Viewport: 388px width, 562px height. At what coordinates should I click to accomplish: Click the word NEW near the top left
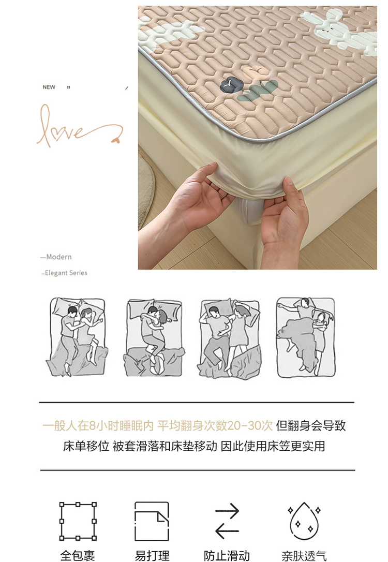pos(49,87)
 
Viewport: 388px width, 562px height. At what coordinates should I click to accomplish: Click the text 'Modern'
pos(59,257)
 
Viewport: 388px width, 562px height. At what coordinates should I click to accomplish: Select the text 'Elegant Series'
pos(66,273)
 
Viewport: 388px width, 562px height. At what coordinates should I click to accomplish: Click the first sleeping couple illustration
pos(77,337)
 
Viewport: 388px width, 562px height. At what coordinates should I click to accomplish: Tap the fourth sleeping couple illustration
pos(306,337)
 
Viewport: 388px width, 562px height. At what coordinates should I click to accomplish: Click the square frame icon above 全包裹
pos(78,521)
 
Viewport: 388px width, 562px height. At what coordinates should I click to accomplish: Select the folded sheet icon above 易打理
pos(152,521)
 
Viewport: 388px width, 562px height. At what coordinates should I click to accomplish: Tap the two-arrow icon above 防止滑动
pos(227,521)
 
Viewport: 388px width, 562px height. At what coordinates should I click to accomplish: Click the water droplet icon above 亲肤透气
pos(304,521)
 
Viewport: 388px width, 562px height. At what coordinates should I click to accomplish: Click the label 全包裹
pos(78,556)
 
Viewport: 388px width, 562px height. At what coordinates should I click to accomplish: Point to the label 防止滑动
pos(227,556)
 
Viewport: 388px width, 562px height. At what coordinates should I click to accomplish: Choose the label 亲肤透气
pos(304,556)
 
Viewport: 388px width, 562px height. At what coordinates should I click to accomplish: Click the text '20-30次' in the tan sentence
pos(250,425)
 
